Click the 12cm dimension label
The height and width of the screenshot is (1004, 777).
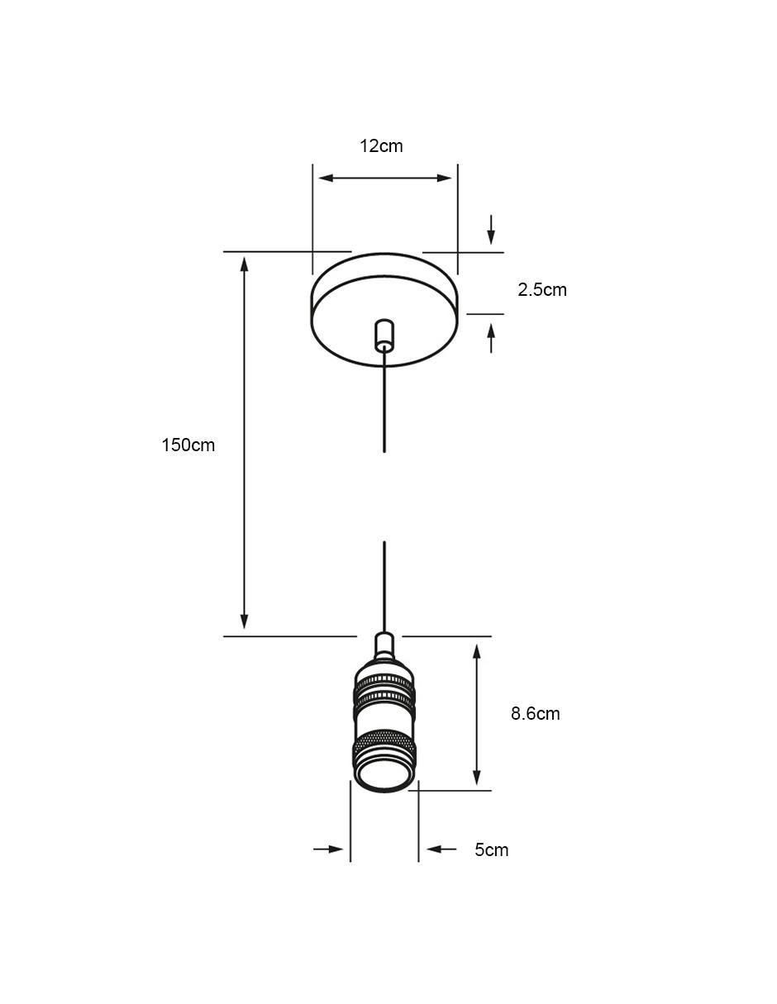(x=381, y=146)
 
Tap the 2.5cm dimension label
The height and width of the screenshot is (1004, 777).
(x=542, y=290)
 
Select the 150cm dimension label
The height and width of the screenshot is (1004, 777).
(x=188, y=445)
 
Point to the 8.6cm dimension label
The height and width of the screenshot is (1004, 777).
(x=536, y=713)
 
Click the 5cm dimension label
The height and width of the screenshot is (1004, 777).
(x=492, y=849)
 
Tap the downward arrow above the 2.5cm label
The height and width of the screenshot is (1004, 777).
(x=491, y=230)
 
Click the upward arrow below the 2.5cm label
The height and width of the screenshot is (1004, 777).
(x=491, y=339)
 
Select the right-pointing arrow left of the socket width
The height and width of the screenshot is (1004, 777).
(x=328, y=849)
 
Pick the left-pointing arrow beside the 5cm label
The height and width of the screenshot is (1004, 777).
(x=441, y=849)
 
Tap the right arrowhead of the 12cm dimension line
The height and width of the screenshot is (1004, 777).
(x=445, y=178)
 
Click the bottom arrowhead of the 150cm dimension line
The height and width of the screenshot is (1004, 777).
(x=245, y=621)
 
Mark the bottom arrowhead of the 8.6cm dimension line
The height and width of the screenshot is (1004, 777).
(x=477, y=778)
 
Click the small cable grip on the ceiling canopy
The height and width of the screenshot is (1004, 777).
(x=384, y=335)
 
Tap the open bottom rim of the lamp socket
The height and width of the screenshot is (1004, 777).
(x=384, y=776)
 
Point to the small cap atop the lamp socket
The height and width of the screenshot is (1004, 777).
(x=384, y=645)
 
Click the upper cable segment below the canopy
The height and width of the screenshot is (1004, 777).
(x=384, y=401)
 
